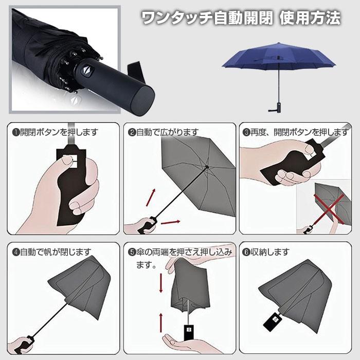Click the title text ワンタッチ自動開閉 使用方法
pos(240,19)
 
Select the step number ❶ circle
pos(16,132)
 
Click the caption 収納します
pos(269,252)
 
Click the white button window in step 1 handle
pos(73,160)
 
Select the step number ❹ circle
pos(16,252)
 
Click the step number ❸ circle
pos(247,132)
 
